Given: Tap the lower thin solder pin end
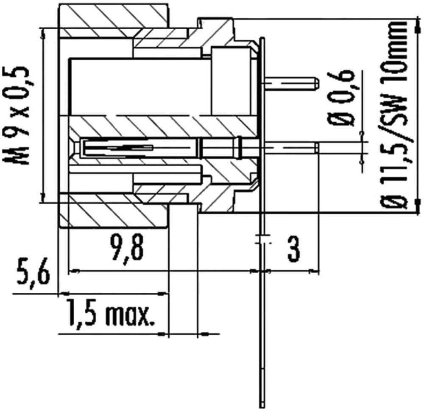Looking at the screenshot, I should click(316, 147).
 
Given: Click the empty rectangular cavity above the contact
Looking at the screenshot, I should click(140, 87).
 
